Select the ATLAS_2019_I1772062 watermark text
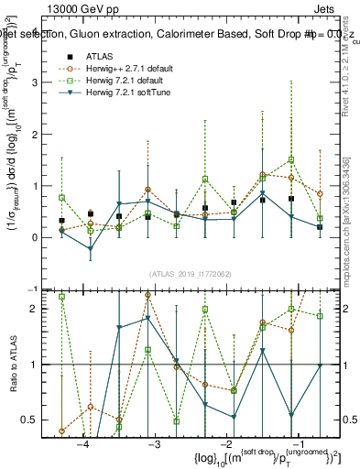[x=190, y=274]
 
